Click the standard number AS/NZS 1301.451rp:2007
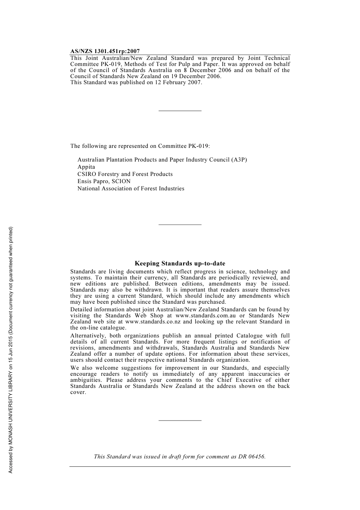[x=105, y=51]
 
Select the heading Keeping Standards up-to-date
[x=180, y=264]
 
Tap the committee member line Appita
[x=86, y=167]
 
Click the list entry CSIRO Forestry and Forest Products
[x=125, y=174]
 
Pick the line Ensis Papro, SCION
[x=104, y=181]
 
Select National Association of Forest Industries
[x=131, y=188]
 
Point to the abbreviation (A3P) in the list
[x=239, y=160]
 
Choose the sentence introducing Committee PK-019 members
[x=140, y=146]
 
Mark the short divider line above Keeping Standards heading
[x=180, y=225]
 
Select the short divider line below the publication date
[x=180, y=111]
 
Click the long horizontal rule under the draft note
[x=180, y=466]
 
